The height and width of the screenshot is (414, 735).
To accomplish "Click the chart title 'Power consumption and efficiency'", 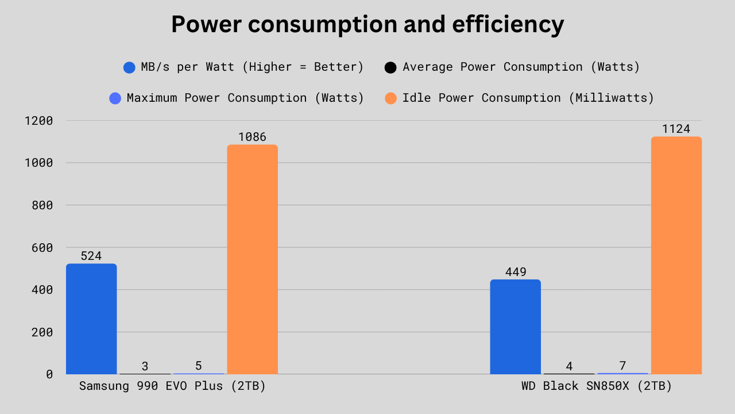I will coord(367,25).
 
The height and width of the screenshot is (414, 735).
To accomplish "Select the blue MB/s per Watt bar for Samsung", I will coord(91,319).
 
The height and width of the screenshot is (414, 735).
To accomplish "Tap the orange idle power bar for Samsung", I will coord(252,259).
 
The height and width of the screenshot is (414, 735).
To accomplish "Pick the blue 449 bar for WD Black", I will coord(515,327).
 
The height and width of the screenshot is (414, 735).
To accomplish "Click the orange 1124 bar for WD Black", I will coord(676,255).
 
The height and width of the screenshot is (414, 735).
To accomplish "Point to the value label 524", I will coord(91,256).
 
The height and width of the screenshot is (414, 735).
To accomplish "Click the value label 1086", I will coord(252,137).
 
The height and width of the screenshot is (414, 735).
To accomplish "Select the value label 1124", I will coord(676,129).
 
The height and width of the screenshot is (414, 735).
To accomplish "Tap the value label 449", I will coord(515,271).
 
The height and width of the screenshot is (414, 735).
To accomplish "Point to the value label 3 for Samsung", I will coord(145,366).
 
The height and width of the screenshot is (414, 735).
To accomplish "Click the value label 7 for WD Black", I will coord(622,366).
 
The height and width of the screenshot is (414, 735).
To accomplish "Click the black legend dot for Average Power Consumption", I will coord(390,67).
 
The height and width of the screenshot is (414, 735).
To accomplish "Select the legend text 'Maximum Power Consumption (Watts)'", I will coord(245,98).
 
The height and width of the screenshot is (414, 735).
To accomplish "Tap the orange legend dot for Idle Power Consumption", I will coord(390,98).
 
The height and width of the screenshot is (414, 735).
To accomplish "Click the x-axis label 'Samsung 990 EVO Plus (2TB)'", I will coord(172,386).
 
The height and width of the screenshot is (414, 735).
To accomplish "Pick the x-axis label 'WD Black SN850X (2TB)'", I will coord(596,386).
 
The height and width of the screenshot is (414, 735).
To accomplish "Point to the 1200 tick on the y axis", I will coord(38,121).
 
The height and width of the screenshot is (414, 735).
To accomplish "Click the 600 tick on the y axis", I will coord(42,247).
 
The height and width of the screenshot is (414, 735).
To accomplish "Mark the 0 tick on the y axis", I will coord(49,374).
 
